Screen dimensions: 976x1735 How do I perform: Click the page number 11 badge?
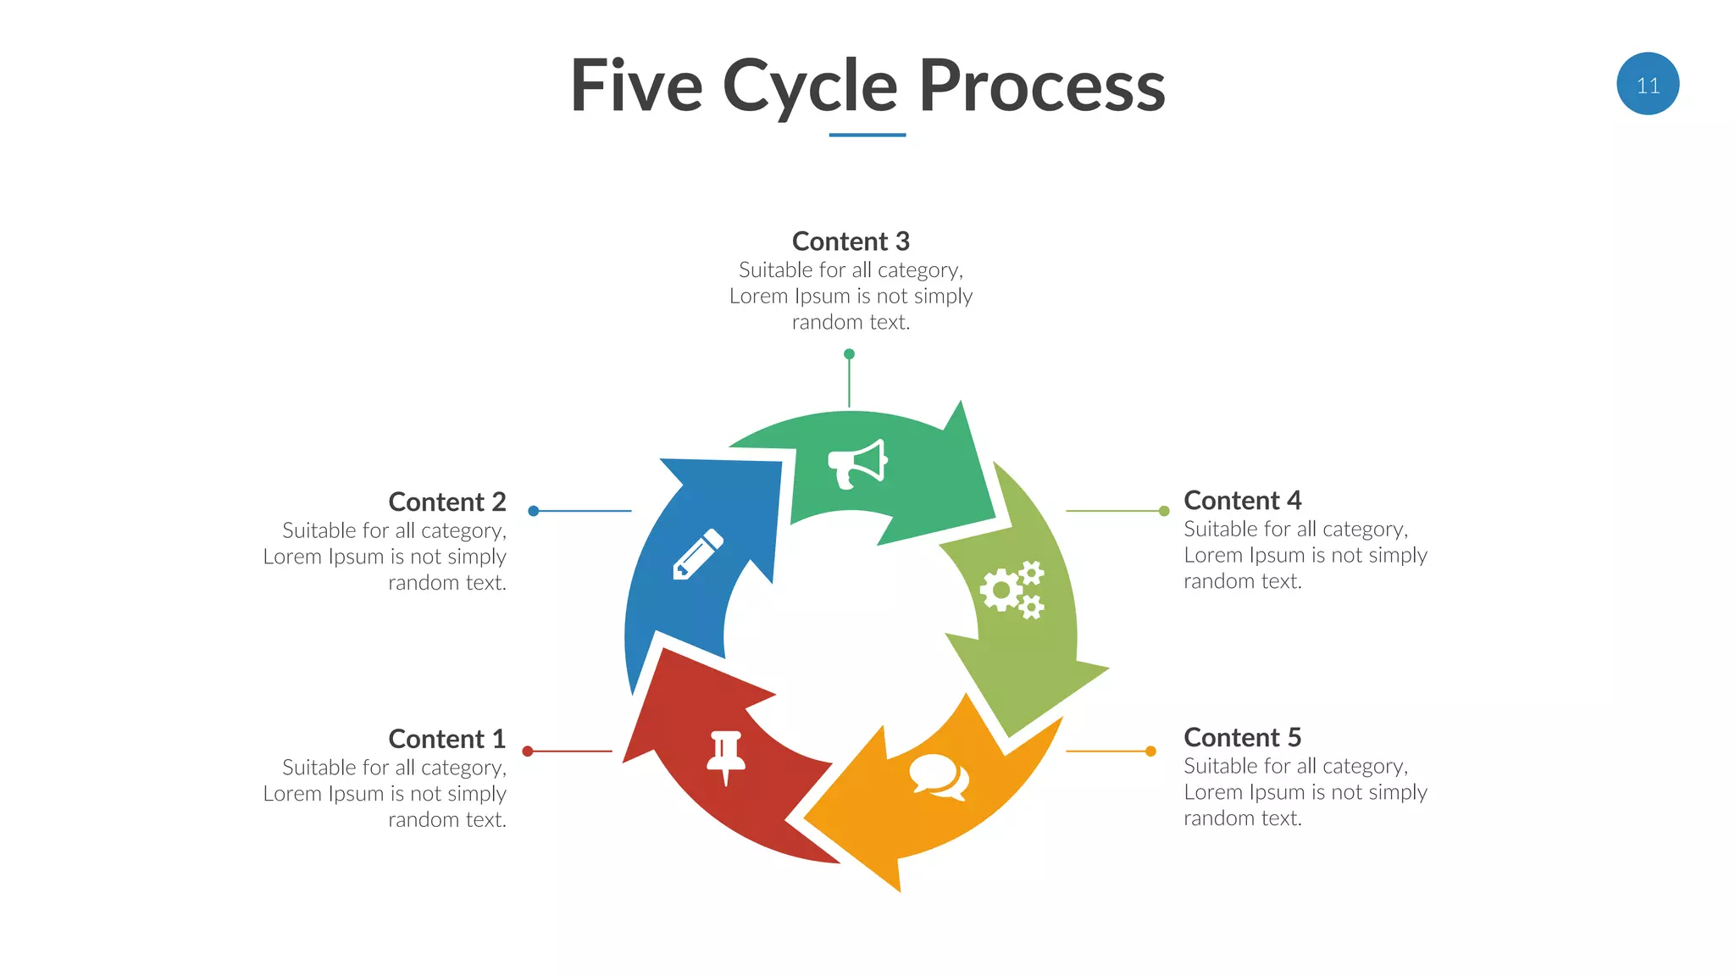pos(1647,84)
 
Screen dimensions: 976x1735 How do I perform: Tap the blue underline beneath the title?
pos(867,135)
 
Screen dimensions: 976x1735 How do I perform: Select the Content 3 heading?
pos(851,241)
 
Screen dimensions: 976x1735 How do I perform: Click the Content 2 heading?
pos(446,502)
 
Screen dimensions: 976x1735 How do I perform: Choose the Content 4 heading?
pos(1242,500)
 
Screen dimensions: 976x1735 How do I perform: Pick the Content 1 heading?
pos(446,739)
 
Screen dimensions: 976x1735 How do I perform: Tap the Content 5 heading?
pos(1242,737)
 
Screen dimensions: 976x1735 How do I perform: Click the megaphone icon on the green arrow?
pos(856,463)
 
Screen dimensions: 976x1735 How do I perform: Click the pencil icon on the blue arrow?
pos(698,554)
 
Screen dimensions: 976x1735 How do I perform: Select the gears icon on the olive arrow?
pos(1012,590)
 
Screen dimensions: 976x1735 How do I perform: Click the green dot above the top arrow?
pos(849,354)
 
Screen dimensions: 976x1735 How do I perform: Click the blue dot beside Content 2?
pos(533,511)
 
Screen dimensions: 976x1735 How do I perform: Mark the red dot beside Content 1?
pos(527,751)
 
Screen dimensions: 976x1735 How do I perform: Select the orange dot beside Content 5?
pos(1150,751)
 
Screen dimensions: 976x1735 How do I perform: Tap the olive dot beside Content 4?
pos(1164,511)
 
